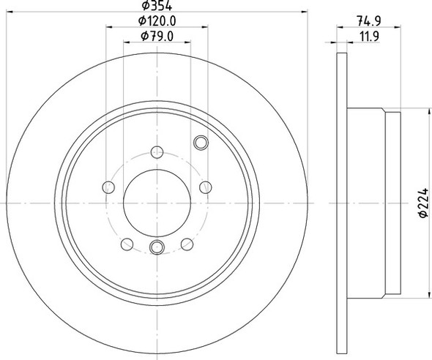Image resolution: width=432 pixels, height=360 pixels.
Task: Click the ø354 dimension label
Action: [x=157, y=5]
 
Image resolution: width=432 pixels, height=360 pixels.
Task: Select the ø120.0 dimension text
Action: [x=157, y=21]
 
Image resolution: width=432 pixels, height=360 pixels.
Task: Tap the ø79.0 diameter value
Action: [x=157, y=36]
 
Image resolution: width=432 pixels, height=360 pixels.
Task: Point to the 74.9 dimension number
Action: [x=368, y=21]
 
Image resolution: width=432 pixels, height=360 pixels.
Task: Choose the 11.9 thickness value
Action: [x=370, y=37]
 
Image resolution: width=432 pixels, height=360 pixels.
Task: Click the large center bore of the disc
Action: [x=157, y=203]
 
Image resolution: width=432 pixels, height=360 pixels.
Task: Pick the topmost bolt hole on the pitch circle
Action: [x=157, y=152]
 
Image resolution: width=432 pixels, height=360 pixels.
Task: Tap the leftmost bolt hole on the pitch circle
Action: [x=108, y=187]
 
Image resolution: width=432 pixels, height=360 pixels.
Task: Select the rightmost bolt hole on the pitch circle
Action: [x=206, y=187]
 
